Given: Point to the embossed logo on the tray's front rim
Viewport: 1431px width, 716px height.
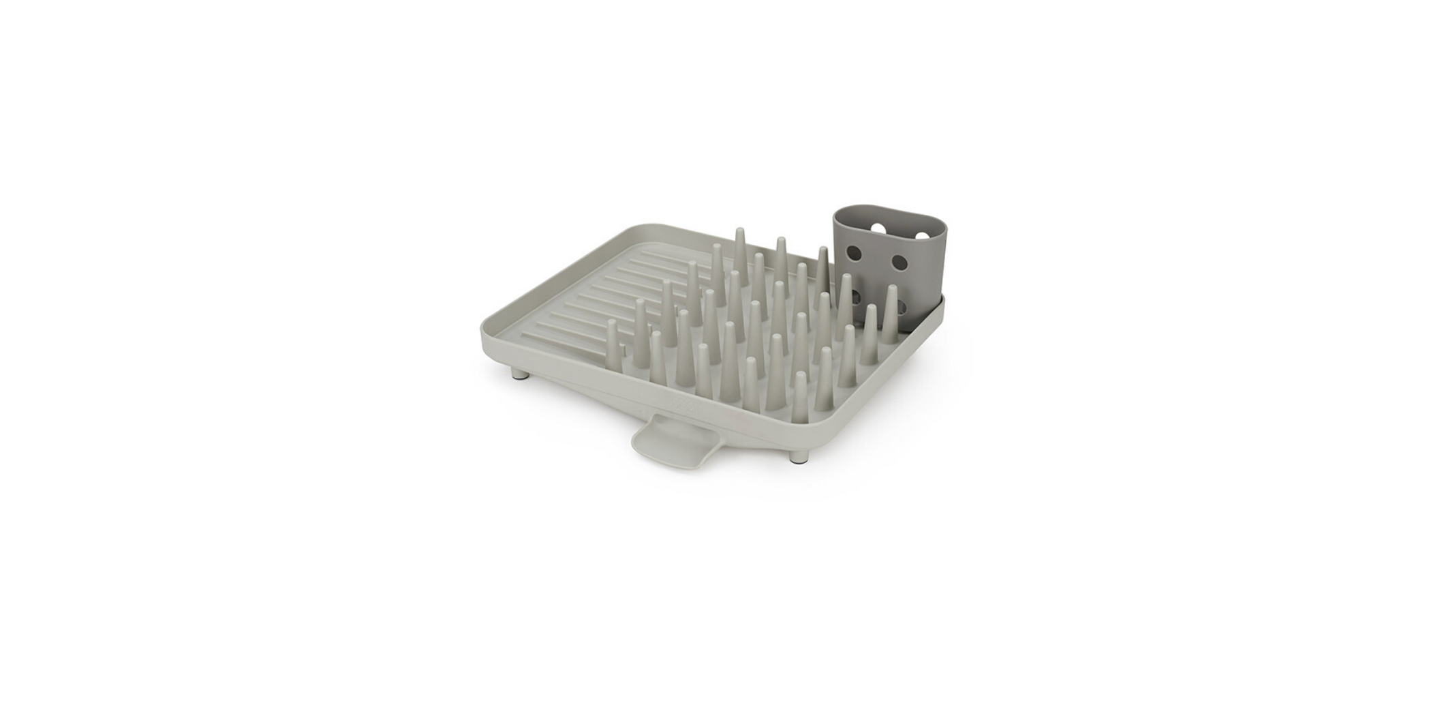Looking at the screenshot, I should tap(686, 404).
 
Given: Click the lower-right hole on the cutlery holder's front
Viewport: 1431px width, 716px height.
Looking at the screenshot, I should tap(901, 308).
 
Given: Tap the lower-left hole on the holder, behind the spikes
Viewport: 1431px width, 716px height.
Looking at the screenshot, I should tap(856, 296).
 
